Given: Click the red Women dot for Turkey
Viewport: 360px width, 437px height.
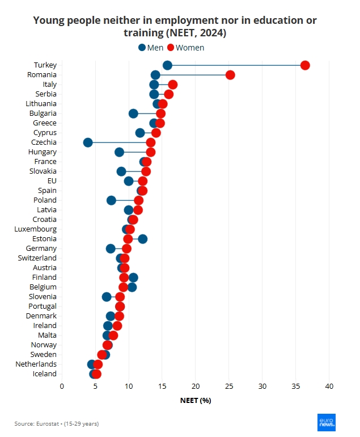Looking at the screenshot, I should [305, 65].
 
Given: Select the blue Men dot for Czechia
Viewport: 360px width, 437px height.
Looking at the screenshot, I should [88, 142].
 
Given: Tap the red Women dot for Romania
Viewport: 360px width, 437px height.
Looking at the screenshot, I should [230, 75].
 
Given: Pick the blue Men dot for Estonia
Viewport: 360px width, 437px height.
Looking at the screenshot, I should [143, 239].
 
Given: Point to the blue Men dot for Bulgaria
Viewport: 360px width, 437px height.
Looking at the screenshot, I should [133, 114].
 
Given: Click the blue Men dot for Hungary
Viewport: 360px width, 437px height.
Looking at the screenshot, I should [119, 152].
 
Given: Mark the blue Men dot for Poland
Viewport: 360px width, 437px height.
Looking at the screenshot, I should [112, 200].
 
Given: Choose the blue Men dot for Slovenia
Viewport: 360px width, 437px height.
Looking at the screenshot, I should [107, 297].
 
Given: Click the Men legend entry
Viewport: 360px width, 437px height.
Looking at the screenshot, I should [151, 48].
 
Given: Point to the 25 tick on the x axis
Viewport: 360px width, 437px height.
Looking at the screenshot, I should [229, 386].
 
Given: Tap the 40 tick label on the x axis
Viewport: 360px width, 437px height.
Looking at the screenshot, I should [329, 386].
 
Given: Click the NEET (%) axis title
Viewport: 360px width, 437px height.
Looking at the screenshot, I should [196, 400].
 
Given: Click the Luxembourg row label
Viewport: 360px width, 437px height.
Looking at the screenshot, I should [35, 229].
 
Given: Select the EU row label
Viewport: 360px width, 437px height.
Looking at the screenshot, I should [52, 181].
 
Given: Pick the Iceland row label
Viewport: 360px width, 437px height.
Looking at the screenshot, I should [44, 374].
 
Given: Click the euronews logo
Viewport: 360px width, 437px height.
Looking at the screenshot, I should [326, 421].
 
